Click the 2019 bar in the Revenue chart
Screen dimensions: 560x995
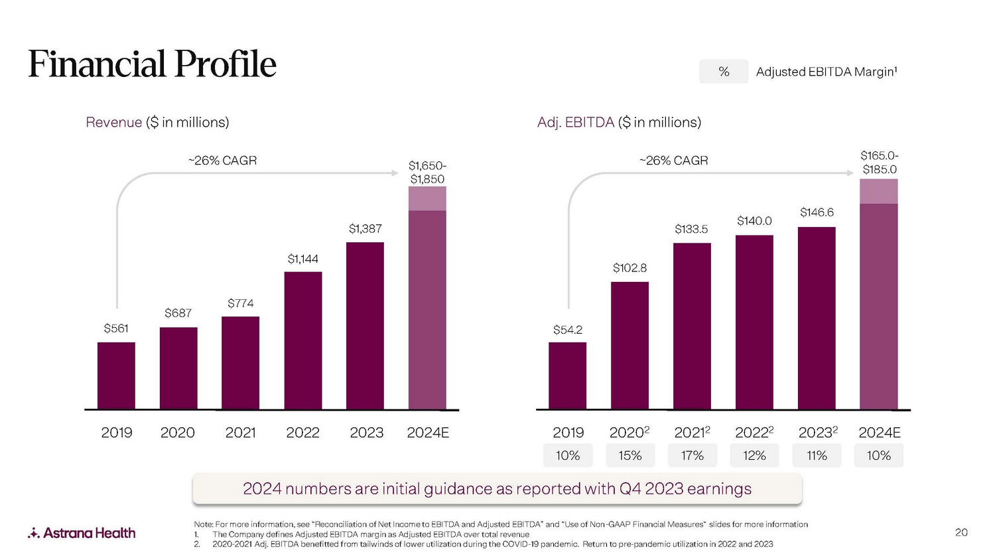click(x=116, y=376)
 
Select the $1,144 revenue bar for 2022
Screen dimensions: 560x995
click(x=303, y=340)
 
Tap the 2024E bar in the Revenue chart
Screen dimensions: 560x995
click(x=427, y=299)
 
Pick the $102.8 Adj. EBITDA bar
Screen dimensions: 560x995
click(x=630, y=345)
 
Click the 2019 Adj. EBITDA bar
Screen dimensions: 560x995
click(x=567, y=376)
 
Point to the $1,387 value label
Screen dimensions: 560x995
click(x=365, y=229)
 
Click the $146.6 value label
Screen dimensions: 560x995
click(x=817, y=212)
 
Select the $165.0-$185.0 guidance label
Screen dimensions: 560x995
click(x=879, y=163)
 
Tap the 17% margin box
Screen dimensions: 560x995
click(x=692, y=456)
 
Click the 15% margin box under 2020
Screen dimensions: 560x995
click(x=630, y=456)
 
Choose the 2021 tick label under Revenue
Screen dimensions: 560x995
click(x=240, y=433)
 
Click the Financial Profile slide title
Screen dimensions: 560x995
click(x=152, y=64)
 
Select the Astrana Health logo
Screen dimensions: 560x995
click(x=82, y=533)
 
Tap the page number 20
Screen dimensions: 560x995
click(x=961, y=532)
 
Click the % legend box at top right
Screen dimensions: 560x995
click(x=724, y=72)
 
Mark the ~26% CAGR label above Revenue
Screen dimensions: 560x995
click(x=222, y=161)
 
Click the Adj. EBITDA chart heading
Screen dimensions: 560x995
click(x=619, y=122)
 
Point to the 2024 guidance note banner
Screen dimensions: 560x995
click(x=497, y=489)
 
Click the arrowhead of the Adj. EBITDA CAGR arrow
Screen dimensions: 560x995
click(x=851, y=173)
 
